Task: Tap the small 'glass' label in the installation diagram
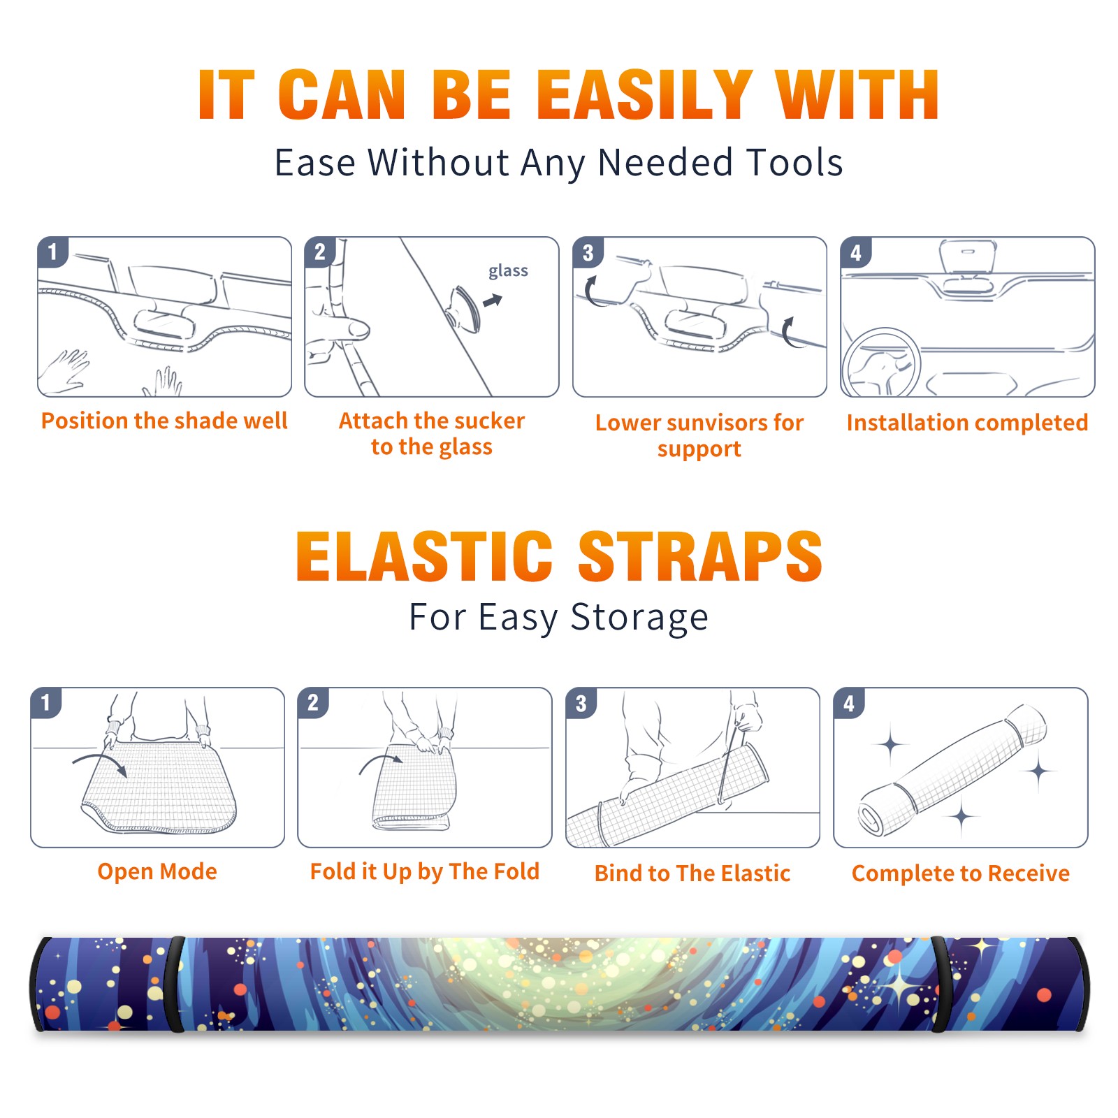tap(508, 271)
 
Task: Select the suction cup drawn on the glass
tap(465, 308)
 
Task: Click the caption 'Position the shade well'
tap(164, 421)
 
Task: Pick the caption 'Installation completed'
tap(967, 423)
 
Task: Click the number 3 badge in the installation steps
tap(588, 252)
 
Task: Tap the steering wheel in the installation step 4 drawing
tap(881, 363)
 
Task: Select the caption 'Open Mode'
tap(157, 871)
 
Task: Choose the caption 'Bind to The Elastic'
tap(692, 873)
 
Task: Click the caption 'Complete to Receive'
tap(961, 873)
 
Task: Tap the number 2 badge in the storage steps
tap(313, 702)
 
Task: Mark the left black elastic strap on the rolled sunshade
tap(175, 985)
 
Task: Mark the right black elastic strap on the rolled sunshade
tap(941, 985)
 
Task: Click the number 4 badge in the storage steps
tap(849, 702)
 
